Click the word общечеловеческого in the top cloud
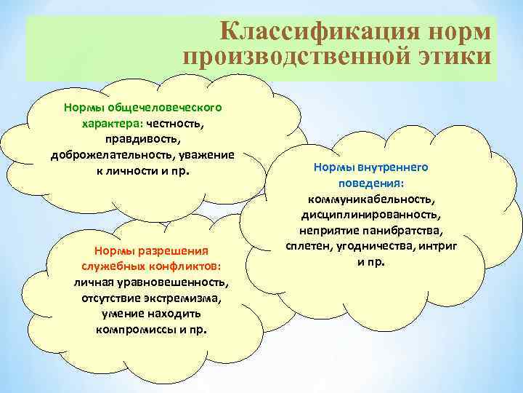pyautogui.click(x=168, y=107)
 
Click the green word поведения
pyautogui.click(x=371, y=183)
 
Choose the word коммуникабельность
pyautogui.click(x=371, y=199)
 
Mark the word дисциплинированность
pyautogui.click(x=371, y=215)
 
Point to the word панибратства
pyautogui.click(x=408, y=231)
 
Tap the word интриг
pyautogui.click(x=441, y=247)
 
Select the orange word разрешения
pyautogui.click(x=173, y=250)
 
